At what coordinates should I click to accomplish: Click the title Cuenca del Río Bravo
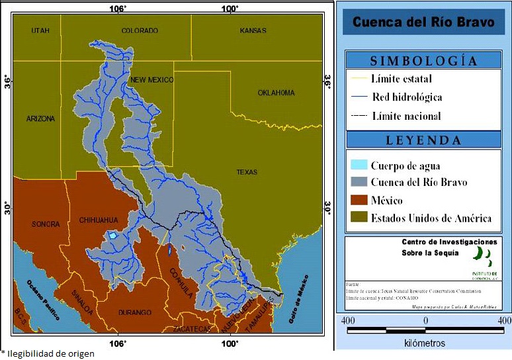pos(423,22)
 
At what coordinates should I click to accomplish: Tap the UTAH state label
pos(40,31)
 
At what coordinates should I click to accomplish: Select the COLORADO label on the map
pos(140,31)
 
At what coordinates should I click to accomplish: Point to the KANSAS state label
pos(253,31)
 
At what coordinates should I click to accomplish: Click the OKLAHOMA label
pos(276,93)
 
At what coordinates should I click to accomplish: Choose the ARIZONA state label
pos(41,119)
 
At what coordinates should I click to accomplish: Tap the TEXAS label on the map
pos(247,172)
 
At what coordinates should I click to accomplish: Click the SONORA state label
pos(46,224)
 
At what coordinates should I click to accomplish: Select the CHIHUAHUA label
pos(98,220)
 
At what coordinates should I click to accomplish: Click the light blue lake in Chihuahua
pos(113,236)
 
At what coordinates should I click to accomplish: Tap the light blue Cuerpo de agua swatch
pos(358,165)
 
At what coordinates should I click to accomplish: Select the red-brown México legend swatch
pos(358,201)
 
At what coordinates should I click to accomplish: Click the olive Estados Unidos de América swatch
pos(358,218)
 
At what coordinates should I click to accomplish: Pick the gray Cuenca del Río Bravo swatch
pos(358,183)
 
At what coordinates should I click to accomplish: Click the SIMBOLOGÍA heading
pos(423,61)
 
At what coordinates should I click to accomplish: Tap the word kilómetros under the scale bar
pos(424,343)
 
